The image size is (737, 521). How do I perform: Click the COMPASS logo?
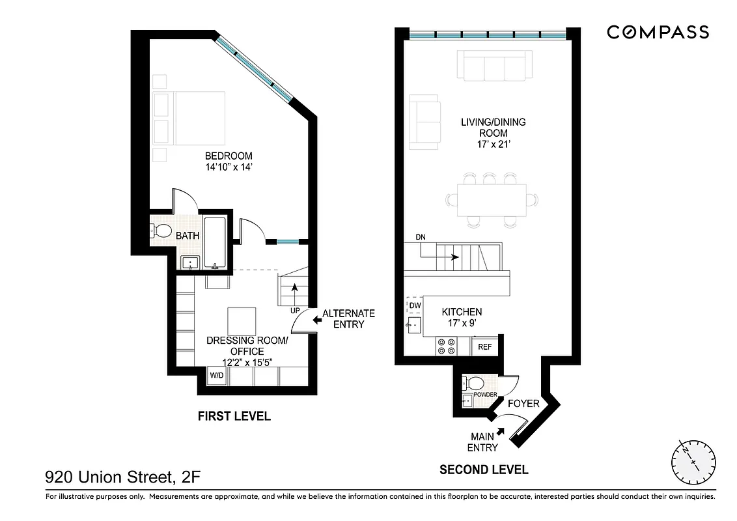click(x=658, y=32)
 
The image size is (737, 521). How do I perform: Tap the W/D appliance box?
click(x=216, y=376)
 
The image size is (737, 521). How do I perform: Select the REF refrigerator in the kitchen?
click(x=484, y=347)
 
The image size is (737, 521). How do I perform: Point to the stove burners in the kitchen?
click(x=446, y=346)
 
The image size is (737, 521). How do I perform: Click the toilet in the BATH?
click(x=160, y=231)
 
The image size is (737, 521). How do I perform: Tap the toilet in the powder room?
click(x=474, y=382)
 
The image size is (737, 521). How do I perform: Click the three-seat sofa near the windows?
click(x=494, y=66)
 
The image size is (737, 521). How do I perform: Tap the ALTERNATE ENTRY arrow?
click(x=317, y=320)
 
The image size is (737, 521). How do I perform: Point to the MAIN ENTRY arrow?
click(x=501, y=430)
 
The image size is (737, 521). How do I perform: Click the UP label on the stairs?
click(x=295, y=310)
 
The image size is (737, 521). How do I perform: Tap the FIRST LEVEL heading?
click(x=234, y=416)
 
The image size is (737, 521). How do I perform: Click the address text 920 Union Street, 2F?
click(x=122, y=479)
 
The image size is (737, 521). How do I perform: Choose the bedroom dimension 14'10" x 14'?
click(x=228, y=167)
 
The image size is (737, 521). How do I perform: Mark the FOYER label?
click(x=523, y=404)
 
